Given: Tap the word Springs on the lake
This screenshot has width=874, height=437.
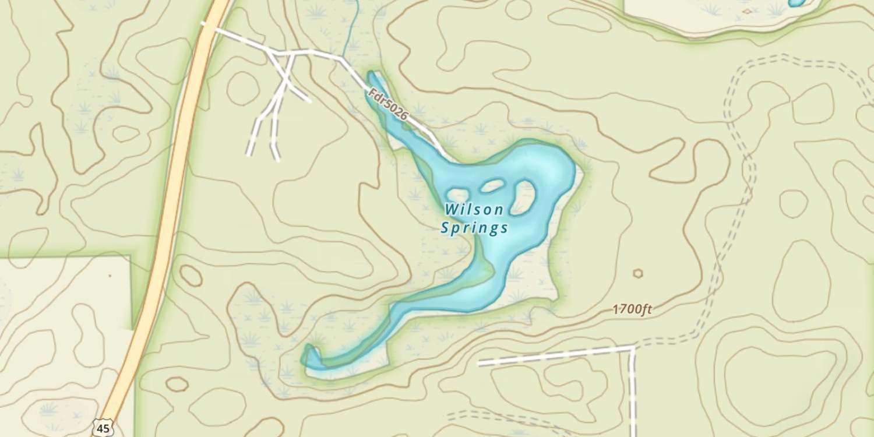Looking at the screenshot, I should pos(474,228).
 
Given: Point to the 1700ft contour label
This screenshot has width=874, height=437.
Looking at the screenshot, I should pos(632,309).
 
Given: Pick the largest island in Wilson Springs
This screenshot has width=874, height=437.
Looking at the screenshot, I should pos(523,197).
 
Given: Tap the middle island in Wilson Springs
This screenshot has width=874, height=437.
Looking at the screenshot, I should pos(492,186).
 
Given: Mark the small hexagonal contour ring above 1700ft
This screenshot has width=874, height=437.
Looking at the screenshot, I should pos(638,273).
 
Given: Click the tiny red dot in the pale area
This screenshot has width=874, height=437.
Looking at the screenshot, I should pos(109,274).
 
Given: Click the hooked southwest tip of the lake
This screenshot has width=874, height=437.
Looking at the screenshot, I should pos(309,353).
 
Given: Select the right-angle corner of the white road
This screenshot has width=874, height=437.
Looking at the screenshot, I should pos(633,348).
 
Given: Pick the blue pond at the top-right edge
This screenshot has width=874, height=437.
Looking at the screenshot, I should pos(797,3).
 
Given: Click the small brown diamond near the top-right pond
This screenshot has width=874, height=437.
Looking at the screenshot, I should pos(747,10).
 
